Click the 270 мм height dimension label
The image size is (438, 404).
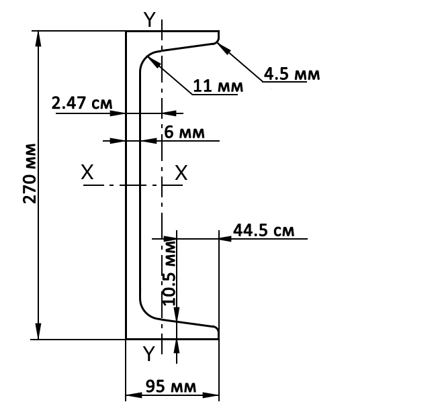30,173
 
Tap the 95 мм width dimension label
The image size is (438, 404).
171,386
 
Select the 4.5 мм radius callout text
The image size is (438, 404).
292,74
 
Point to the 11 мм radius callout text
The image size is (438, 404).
218,86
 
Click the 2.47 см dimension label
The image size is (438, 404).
82,103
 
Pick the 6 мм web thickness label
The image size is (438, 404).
184,132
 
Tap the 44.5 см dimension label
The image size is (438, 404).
264,230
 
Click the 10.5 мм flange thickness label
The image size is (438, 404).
169,273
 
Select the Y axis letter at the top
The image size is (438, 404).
150,20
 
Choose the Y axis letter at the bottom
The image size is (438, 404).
148,353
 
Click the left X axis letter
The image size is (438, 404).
87,172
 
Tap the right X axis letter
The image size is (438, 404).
181,172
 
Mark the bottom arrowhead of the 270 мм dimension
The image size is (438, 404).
38,332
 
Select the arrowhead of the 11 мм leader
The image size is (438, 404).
153,62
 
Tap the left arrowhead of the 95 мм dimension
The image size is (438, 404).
134,395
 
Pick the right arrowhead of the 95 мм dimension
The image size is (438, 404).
211,395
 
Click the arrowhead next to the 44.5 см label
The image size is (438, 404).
225,239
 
